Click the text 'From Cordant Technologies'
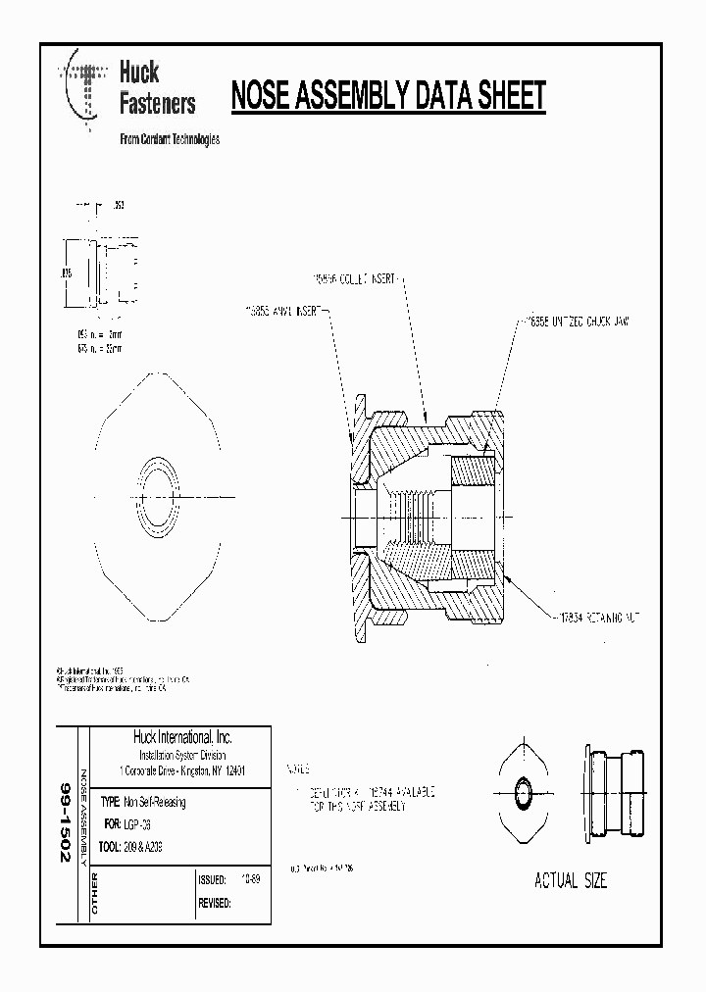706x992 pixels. point(169,139)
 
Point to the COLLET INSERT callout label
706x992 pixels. point(354,279)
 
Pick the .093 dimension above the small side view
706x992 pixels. point(118,207)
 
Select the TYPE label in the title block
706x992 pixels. point(110,802)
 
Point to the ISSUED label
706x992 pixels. point(212,880)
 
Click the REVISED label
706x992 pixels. point(215,903)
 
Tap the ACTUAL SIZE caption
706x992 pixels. point(570,880)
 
